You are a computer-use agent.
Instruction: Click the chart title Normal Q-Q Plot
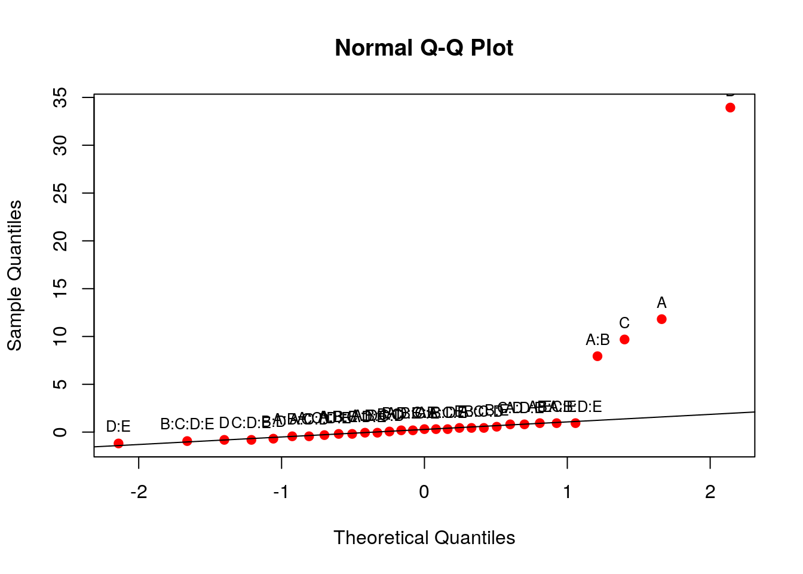click(424, 48)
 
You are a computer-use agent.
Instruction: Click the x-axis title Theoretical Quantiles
click(424, 538)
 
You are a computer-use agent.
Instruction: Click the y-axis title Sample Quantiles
click(14, 276)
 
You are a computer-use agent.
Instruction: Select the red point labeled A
click(661, 319)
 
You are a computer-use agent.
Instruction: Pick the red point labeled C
click(624, 340)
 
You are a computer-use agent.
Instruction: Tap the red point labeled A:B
click(597, 356)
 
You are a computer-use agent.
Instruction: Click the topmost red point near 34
click(730, 108)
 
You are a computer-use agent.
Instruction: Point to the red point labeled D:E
click(118, 444)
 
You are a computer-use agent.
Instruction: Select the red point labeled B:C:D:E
click(187, 441)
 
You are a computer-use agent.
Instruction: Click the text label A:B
click(597, 340)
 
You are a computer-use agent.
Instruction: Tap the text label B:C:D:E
click(187, 425)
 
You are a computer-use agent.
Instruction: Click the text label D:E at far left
click(118, 426)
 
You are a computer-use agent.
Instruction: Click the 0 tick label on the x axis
click(424, 492)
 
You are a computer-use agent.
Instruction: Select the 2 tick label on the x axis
click(710, 492)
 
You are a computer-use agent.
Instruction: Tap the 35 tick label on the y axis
click(60, 97)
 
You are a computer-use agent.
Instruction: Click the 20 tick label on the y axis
click(60, 241)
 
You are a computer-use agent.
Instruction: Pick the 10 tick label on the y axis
click(60, 337)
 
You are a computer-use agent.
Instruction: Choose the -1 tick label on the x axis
click(281, 492)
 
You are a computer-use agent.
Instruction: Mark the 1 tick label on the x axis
click(567, 492)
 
